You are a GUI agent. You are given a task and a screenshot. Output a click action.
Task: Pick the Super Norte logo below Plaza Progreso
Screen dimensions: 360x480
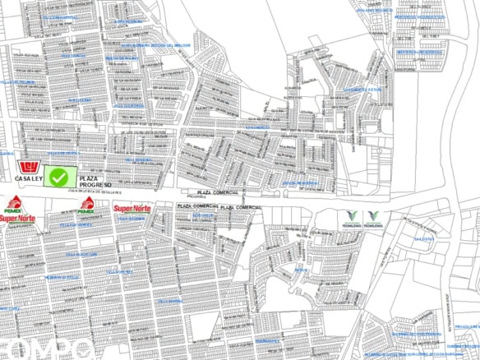(x=132, y=209)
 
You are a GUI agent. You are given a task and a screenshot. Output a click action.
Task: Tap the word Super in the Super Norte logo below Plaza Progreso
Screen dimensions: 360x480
(x=123, y=209)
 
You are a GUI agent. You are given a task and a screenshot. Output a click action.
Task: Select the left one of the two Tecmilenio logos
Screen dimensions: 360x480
(x=348, y=219)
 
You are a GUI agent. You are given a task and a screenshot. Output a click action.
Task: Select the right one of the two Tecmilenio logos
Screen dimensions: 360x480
(x=374, y=219)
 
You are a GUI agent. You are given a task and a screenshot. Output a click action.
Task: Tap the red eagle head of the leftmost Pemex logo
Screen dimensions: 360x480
(x=14, y=202)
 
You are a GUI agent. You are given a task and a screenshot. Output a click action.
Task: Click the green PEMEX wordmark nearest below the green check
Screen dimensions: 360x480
(x=85, y=210)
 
